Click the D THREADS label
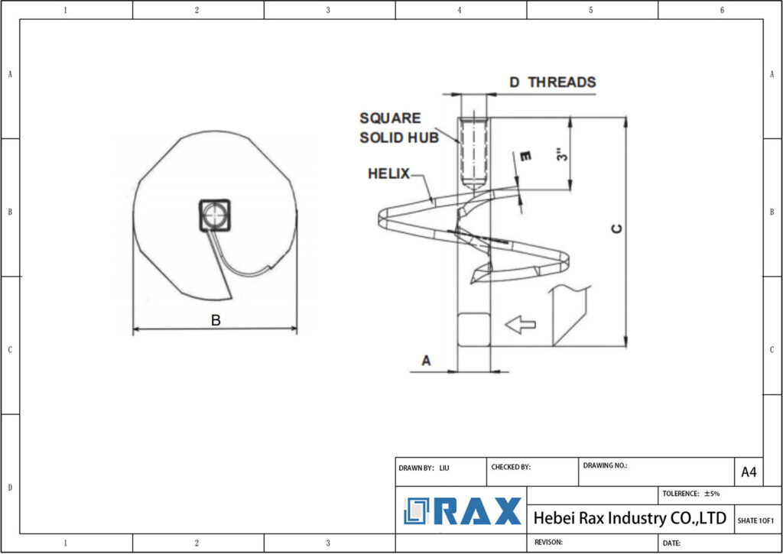click(552, 82)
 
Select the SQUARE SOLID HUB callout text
click(399, 128)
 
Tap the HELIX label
click(388, 173)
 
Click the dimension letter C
click(618, 229)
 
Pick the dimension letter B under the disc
click(216, 321)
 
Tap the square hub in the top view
click(214, 215)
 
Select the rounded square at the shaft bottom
click(473, 329)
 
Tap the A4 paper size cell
click(749, 472)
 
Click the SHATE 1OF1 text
click(756, 520)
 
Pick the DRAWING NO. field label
click(605, 465)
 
